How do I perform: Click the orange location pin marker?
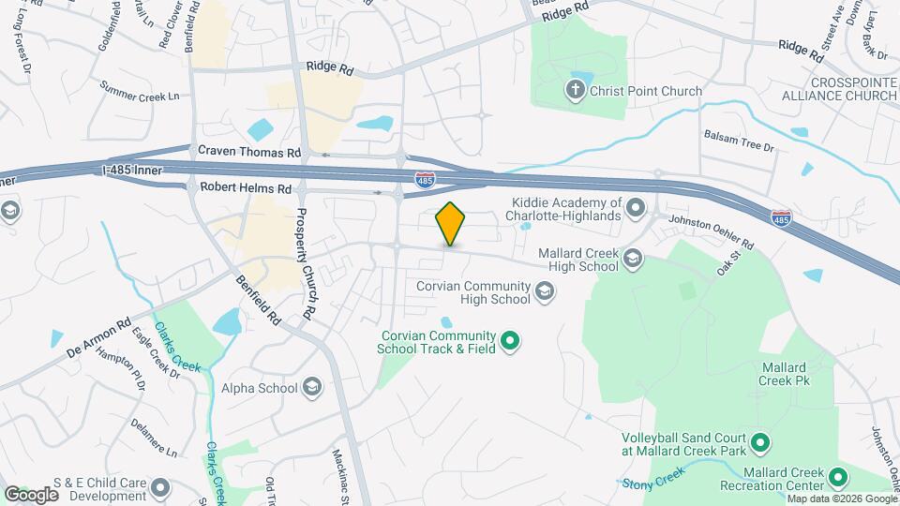point(451,223)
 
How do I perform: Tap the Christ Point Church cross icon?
point(573,91)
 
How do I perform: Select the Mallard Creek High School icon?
point(633,259)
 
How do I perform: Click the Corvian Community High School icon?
point(544,293)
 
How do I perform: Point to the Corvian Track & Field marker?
point(510,341)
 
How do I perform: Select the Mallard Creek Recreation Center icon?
point(840,477)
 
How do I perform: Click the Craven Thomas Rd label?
point(248,151)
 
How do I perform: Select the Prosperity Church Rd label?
point(307,249)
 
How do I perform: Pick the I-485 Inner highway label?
point(131,171)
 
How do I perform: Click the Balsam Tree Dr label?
point(739,147)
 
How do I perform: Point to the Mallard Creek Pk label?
point(785,374)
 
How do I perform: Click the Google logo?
point(30,495)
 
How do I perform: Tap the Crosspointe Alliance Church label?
point(840,89)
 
